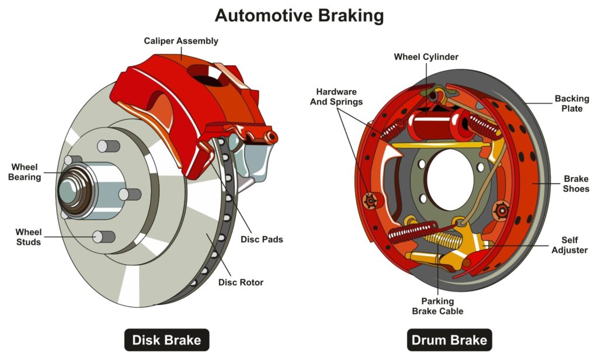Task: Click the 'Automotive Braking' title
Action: click(x=299, y=15)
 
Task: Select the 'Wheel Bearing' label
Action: click(x=25, y=171)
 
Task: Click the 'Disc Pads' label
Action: click(x=262, y=239)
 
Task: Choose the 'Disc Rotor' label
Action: click(x=241, y=282)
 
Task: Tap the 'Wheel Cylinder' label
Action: click(x=426, y=57)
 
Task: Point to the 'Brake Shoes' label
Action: click(x=576, y=184)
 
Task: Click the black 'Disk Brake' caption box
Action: click(x=166, y=340)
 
